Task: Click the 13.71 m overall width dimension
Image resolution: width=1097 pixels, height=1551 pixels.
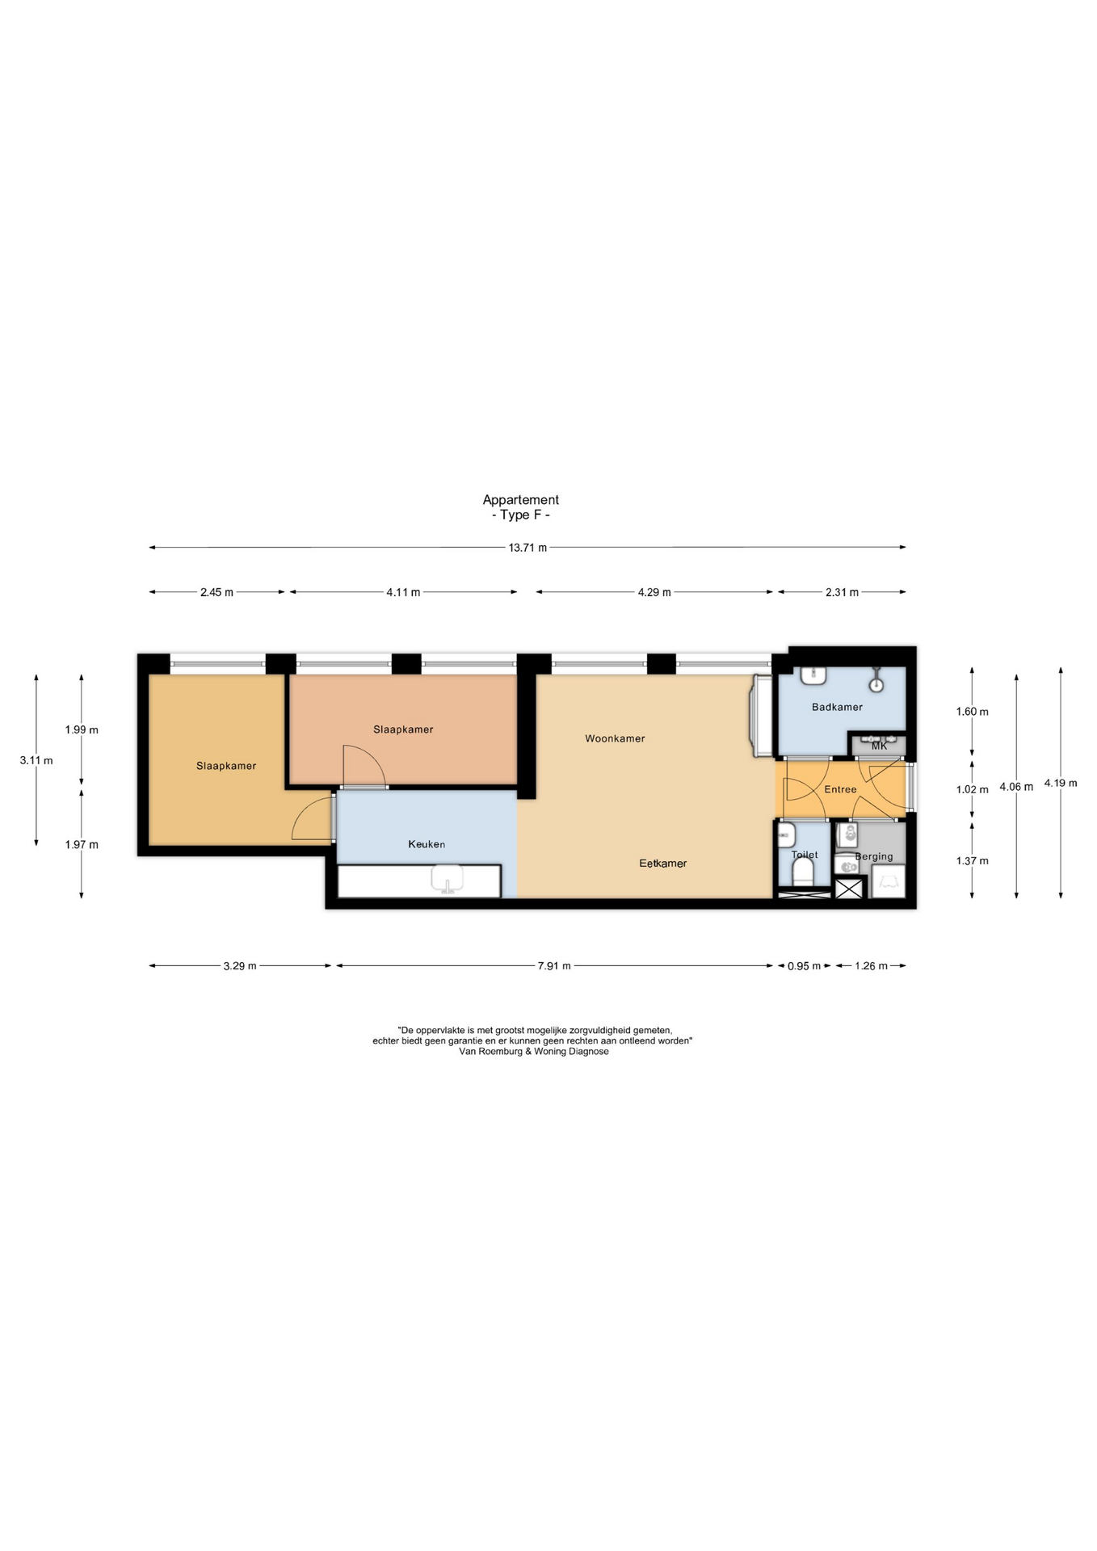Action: [527, 548]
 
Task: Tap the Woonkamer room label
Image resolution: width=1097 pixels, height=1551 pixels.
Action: [615, 738]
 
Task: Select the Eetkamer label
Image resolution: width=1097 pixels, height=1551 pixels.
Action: [663, 864]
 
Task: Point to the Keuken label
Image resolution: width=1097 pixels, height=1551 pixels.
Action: [427, 844]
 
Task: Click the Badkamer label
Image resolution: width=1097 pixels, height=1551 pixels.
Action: [837, 707]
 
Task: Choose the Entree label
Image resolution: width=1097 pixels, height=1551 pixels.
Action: [840, 789]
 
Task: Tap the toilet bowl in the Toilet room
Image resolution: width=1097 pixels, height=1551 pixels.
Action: [802, 872]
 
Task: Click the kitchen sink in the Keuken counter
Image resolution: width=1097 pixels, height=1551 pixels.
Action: [447, 879]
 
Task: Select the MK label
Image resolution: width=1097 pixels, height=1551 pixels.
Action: [880, 746]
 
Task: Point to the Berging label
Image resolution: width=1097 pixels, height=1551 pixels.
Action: [874, 856]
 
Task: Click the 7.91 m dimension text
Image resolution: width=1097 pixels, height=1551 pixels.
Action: [554, 966]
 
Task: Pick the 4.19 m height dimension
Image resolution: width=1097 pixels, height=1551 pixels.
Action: [1061, 783]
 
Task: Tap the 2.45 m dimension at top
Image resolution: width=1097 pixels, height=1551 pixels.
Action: [216, 592]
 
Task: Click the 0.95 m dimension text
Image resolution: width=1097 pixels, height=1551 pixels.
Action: [804, 966]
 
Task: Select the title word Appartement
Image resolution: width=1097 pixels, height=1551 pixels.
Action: [521, 500]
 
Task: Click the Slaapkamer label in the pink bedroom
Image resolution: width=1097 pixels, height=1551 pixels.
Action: [403, 729]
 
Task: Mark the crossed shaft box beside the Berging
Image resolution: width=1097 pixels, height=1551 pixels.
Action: [849, 888]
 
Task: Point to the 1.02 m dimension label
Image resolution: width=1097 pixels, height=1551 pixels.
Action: [973, 790]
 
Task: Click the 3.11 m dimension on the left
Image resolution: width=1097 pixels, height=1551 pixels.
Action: [36, 760]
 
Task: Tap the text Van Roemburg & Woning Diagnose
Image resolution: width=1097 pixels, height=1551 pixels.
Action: [534, 1052]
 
